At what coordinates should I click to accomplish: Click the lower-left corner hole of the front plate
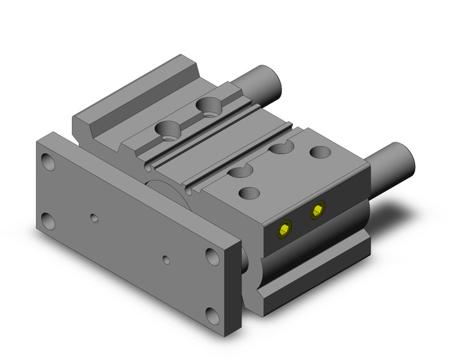point(47,219)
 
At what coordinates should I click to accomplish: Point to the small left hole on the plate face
point(93,218)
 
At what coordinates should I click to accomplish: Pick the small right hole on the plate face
point(166,259)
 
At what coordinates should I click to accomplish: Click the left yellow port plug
point(283,230)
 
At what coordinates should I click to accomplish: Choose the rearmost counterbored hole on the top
point(211,106)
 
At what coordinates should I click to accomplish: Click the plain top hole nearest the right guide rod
point(319,151)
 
